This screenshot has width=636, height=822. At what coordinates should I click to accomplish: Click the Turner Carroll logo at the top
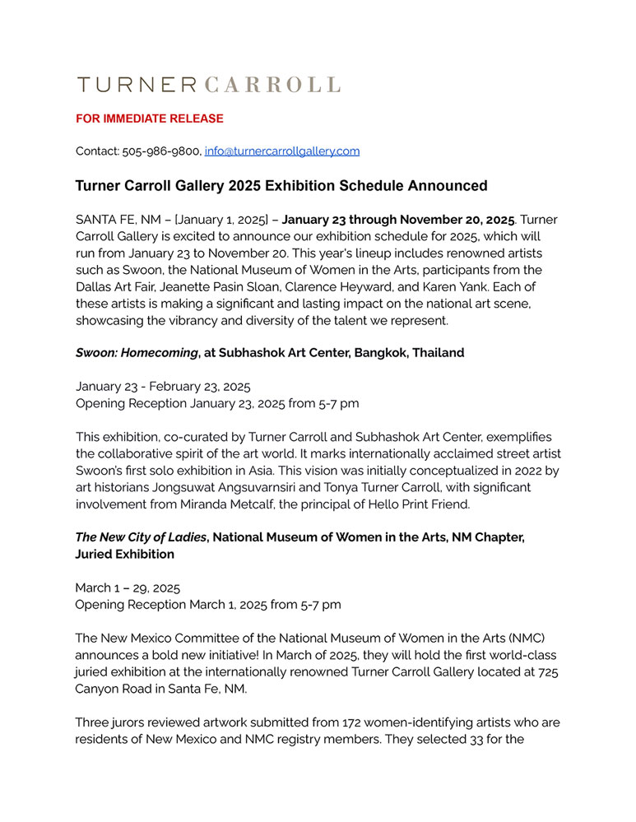click(208, 84)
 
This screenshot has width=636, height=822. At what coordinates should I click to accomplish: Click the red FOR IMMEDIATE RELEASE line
click(150, 118)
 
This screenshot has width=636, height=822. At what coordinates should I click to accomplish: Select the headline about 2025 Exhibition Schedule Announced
click(281, 186)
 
